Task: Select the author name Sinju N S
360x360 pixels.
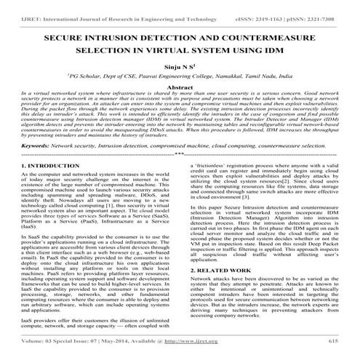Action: (x=179, y=65)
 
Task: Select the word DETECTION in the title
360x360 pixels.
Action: (x=174, y=34)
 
